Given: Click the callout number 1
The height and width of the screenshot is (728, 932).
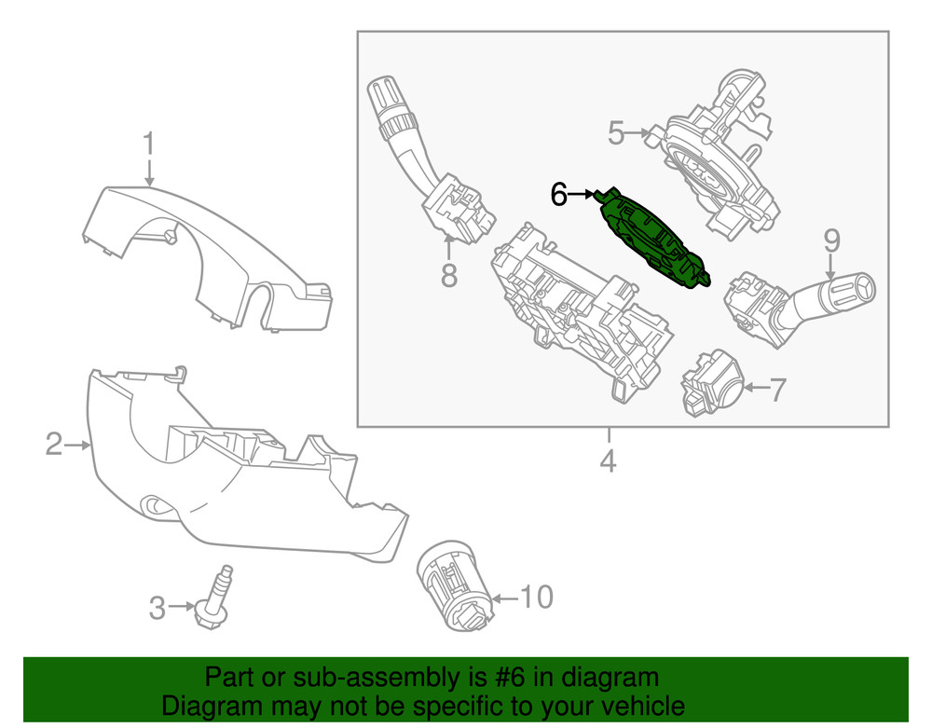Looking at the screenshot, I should pyautogui.click(x=148, y=144).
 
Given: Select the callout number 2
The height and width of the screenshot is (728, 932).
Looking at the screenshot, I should pyautogui.click(x=54, y=445).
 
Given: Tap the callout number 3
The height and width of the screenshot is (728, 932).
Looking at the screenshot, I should pyautogui.click(x=158, y=609).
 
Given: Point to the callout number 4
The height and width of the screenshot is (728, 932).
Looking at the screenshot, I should pyautogui.click(x=608, y=460).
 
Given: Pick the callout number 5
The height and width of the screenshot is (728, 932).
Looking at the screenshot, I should pyautogui.click(x=616, y=133).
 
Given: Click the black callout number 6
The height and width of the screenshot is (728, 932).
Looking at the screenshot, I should pyautogui.click(x=558, y=194).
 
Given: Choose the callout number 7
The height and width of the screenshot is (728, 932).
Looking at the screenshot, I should pyautogui.click(x=775, y=389).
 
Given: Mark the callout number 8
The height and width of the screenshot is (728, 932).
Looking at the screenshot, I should pyautogui.click(x=449, y=275).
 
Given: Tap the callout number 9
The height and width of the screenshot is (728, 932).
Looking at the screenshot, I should pyautogui.click(x=830, y=240).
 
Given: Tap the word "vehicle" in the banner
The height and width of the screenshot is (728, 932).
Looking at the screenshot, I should pyautogui.click(x=634, y=706).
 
